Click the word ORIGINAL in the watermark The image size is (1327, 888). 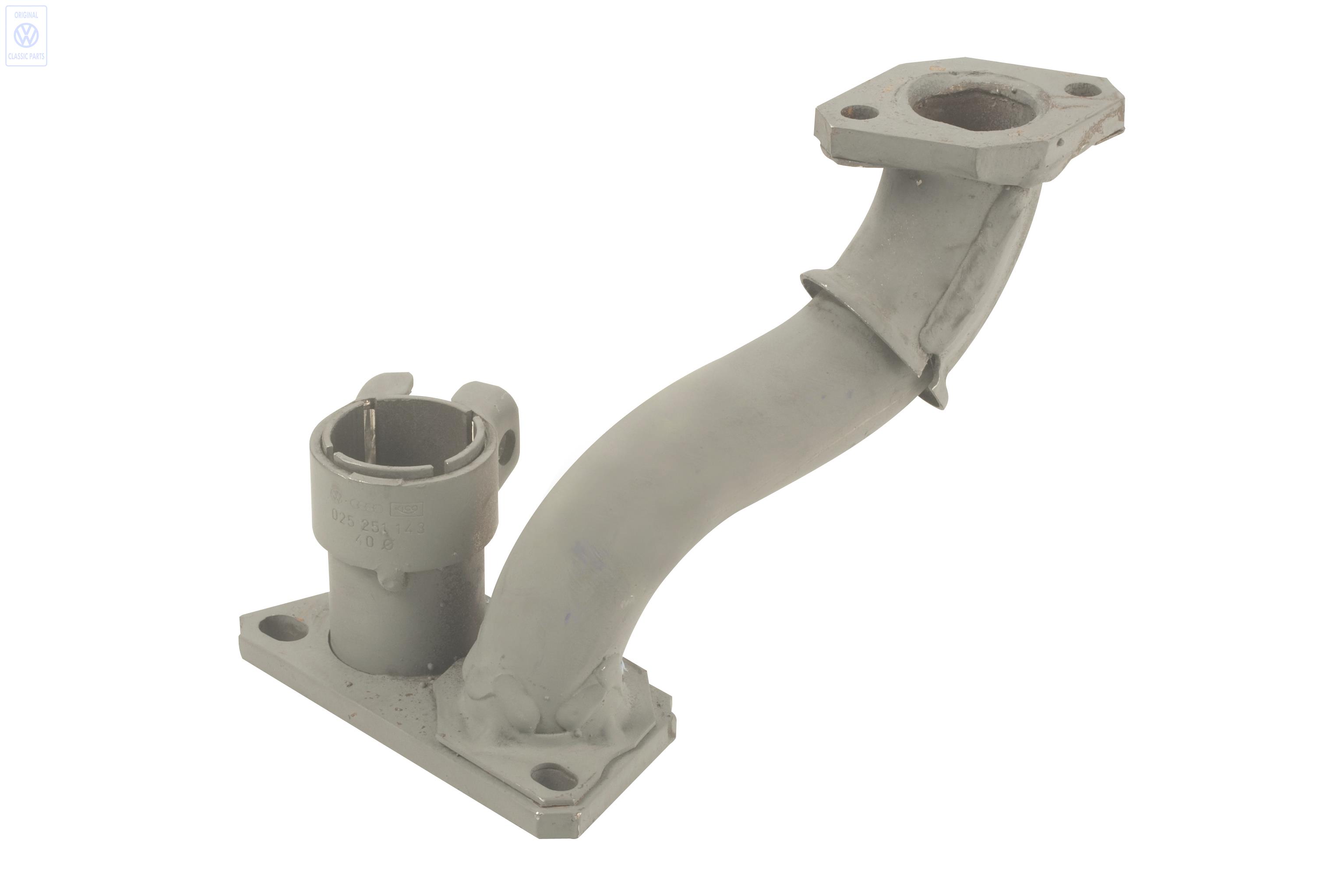[26, 15]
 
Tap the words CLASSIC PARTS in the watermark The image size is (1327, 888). [26, 56]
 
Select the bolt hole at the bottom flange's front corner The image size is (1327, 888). [554, 778]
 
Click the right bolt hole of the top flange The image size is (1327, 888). [1083, 89]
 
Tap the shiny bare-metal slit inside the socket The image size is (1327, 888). [371, 433]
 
